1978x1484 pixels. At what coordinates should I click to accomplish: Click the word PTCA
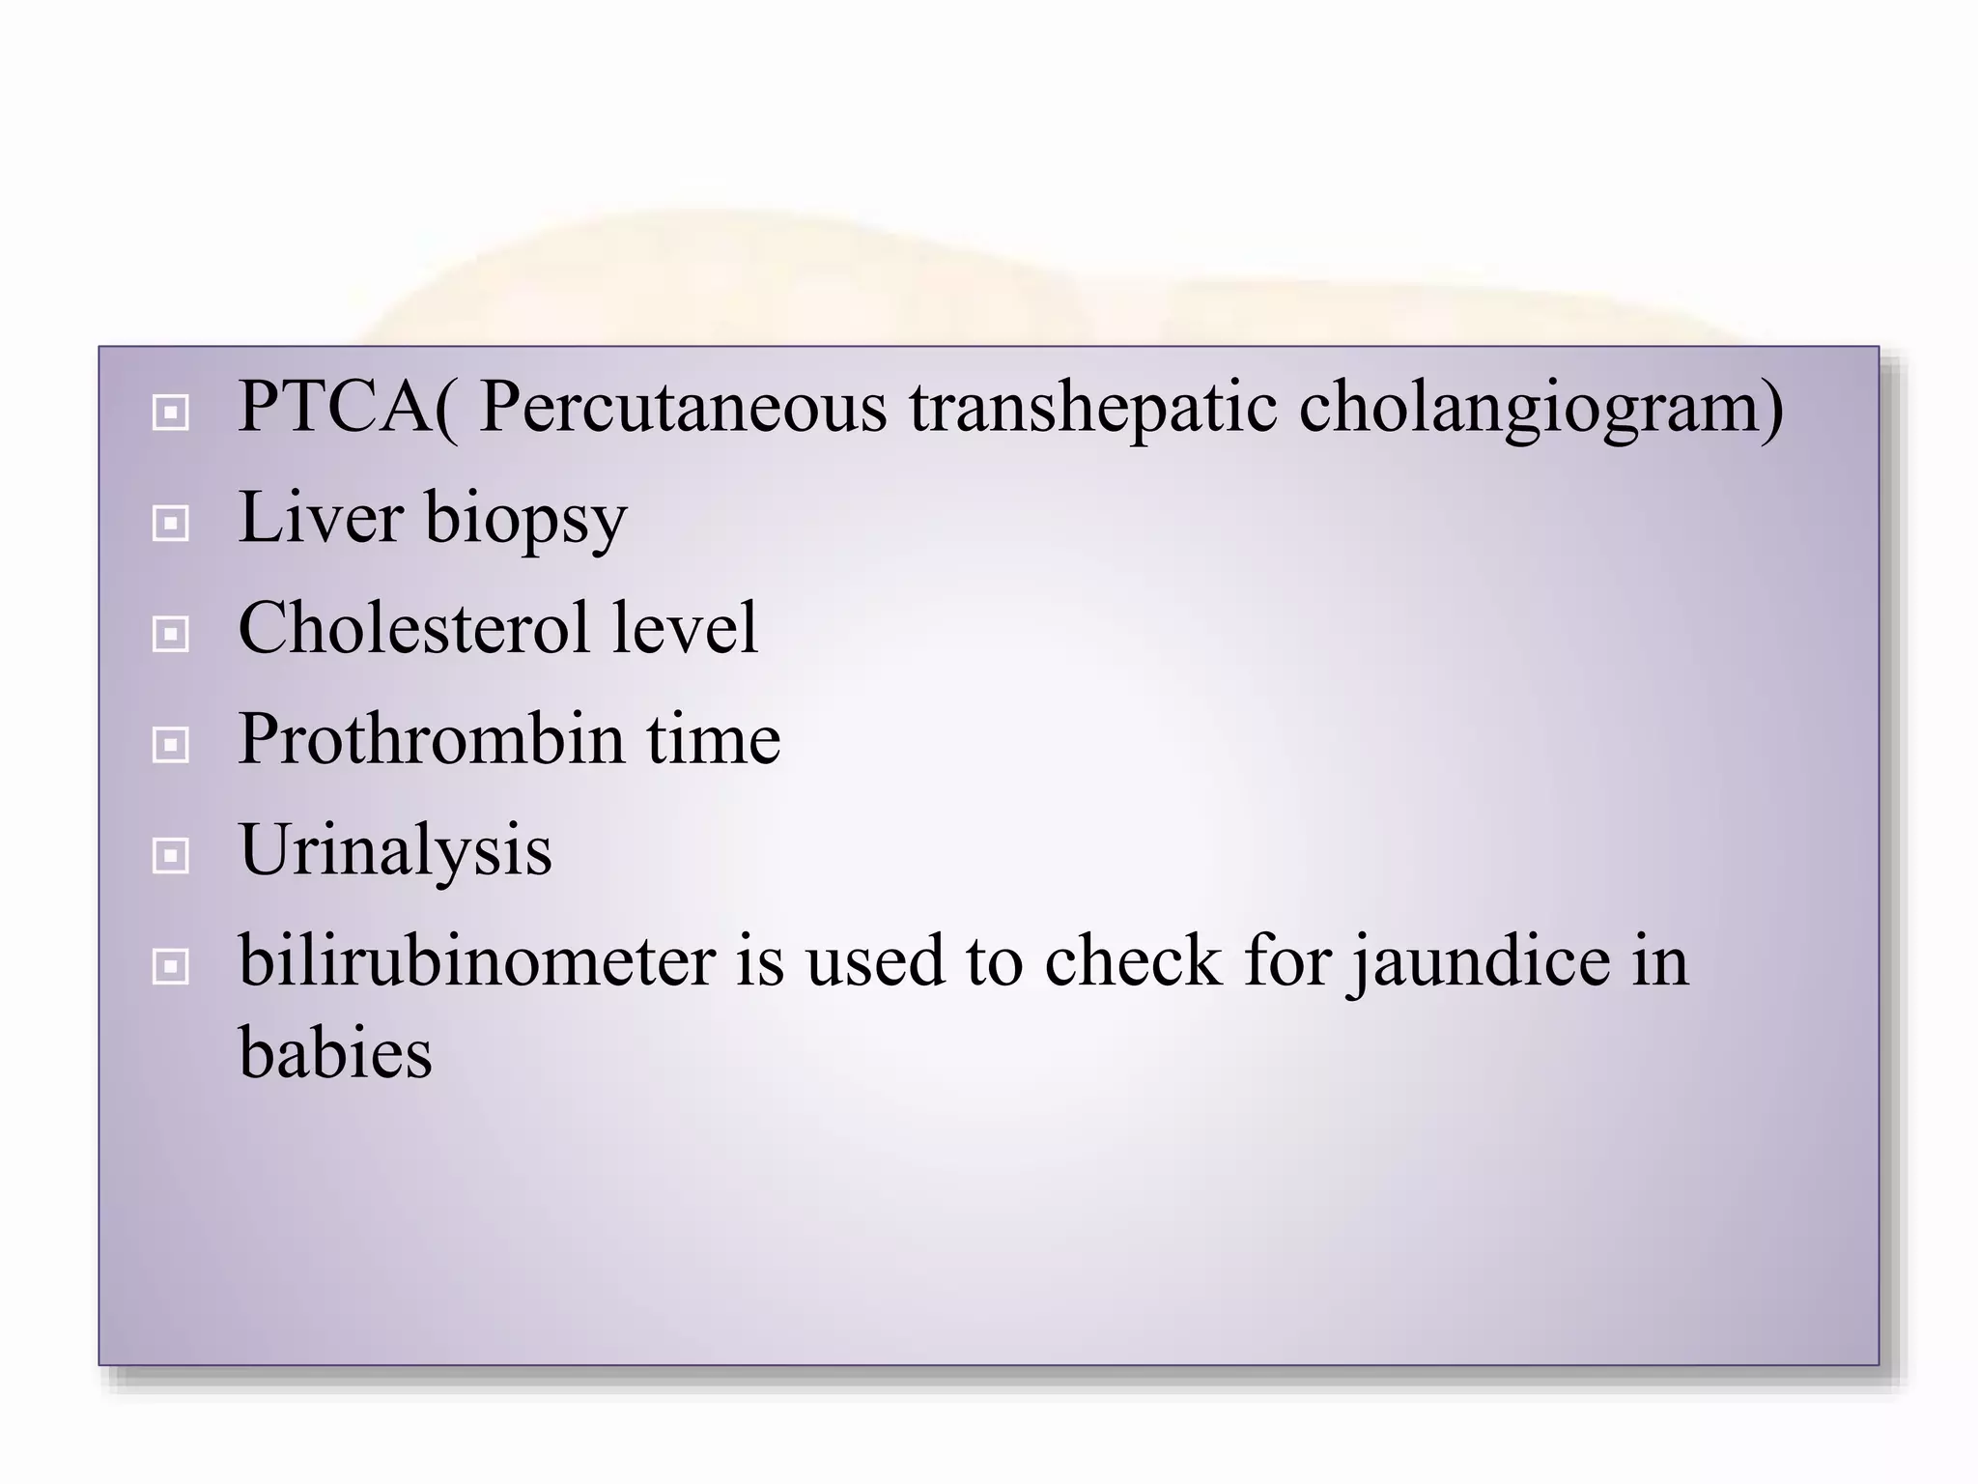click(334, 408)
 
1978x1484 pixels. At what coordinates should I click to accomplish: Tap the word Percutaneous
click(682, 408)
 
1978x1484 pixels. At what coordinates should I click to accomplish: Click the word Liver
click(320, 518)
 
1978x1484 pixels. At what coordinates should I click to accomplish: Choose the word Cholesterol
click(413, 628)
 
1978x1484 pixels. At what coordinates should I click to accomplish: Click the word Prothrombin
click(431, 739)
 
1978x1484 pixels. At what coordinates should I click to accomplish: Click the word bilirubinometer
click(477, 961)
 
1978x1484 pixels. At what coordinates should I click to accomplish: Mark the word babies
click(335, 1052)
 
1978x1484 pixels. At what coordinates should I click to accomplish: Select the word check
click(1132, 961)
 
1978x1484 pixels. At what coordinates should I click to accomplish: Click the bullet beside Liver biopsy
click(171, 524)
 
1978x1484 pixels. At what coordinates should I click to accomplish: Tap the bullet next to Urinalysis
click(171, 855)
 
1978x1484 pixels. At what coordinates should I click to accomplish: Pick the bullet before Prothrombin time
click(171, 745)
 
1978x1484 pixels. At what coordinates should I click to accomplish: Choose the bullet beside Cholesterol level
click(171, 634)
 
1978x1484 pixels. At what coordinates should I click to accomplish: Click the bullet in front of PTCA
click(171, 414)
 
